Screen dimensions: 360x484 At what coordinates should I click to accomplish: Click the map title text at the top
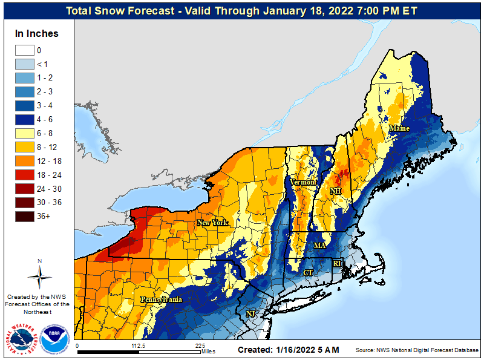242,11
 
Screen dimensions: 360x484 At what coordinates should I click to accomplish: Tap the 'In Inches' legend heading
37,34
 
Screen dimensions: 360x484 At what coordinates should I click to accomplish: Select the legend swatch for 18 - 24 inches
25,175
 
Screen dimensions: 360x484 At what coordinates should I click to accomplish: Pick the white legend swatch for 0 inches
25,50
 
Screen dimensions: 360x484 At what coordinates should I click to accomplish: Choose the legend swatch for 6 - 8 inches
25,134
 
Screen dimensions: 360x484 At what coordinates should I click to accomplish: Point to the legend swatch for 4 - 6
25,120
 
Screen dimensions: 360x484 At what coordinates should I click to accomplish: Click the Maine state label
399,128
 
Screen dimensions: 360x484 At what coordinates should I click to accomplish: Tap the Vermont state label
303,182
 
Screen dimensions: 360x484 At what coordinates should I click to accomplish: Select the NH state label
335,191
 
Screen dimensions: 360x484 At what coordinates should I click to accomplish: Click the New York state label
212,223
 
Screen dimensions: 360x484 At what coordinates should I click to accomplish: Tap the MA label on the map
319,246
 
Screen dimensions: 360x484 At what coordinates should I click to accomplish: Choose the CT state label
308,273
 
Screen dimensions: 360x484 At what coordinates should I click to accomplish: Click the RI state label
338,263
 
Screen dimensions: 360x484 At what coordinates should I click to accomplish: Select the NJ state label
250,313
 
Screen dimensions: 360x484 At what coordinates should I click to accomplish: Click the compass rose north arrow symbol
39,275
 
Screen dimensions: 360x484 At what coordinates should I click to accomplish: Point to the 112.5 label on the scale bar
139,345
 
